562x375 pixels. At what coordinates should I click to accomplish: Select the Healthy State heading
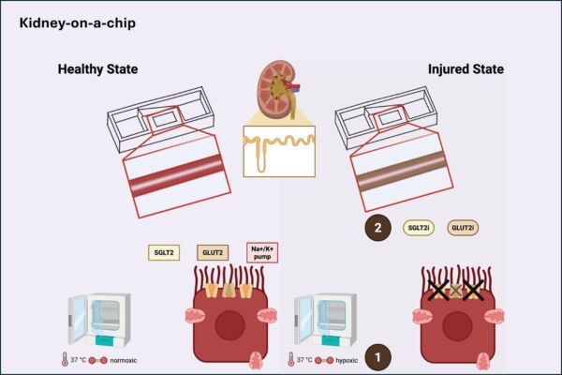96,70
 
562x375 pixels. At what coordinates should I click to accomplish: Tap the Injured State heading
466,70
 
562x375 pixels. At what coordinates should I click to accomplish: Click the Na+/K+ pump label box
264,251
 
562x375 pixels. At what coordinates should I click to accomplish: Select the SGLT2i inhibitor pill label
419,226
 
